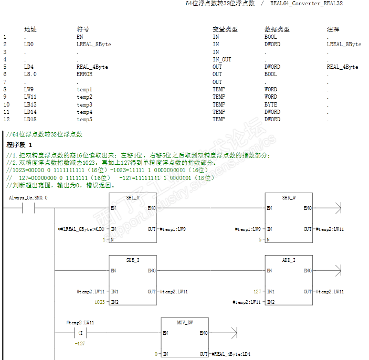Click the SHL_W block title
coord(133,197)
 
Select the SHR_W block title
coord(289,197)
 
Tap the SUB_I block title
coord(133,260)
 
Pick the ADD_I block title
coord(289,260)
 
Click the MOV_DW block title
coord(185,322)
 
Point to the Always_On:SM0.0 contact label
coord(28,197)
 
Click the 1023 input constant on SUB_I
coord(99,302)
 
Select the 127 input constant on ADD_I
coord(257,291)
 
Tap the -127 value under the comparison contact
coord(79,343)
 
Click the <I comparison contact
coord(80,333)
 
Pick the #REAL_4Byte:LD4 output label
coord(231,354)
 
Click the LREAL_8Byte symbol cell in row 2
coord(93,45)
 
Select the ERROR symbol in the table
coord(84,75)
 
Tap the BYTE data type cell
coord(270,104)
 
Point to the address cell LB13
coord(29,104)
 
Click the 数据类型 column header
coord(277,29)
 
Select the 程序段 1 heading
coord(19,144)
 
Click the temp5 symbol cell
coord(84,119)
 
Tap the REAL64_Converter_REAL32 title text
coord(307,4)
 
